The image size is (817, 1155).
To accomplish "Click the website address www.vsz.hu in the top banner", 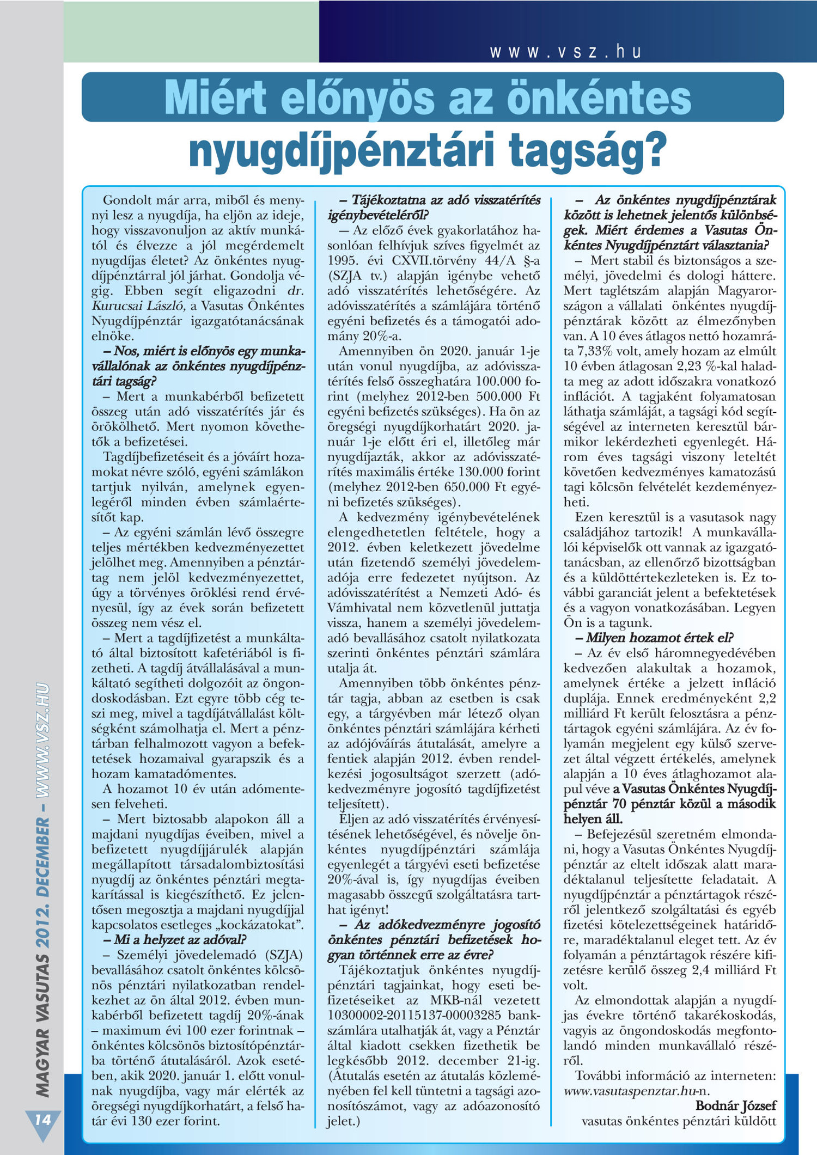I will (565, 52).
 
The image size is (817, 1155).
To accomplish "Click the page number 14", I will (42, 1119).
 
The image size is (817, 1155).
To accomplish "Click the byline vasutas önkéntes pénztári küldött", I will (679, 1121).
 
